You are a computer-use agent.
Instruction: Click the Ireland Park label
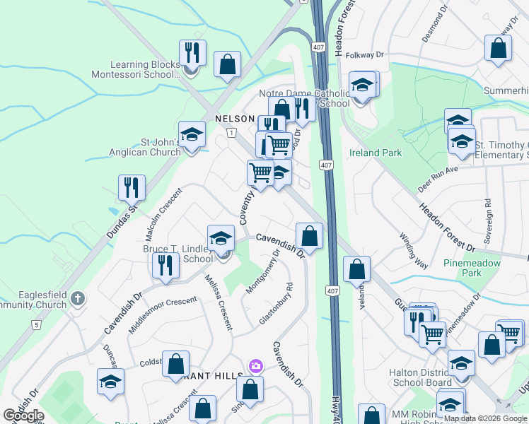click(x=376, y=153)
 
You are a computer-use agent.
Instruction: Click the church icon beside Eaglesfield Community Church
click(x=78, y=300)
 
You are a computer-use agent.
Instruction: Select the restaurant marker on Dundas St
click(x=132, y=187)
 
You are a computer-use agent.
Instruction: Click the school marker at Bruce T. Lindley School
click(x=221, y=237)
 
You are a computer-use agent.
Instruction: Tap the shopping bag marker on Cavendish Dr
click(x=309, y=235)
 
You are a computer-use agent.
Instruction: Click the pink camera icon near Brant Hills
click(x=255, y=366)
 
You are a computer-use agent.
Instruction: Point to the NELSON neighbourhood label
click(x=234, y=119)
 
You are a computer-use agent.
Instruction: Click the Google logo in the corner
click(x=23, y=416)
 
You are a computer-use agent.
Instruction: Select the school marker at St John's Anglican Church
click(x=191, y=134)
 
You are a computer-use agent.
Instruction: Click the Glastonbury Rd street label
click(x=276, y=304)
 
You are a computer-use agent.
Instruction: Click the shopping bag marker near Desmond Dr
click(x=499, y=48)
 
